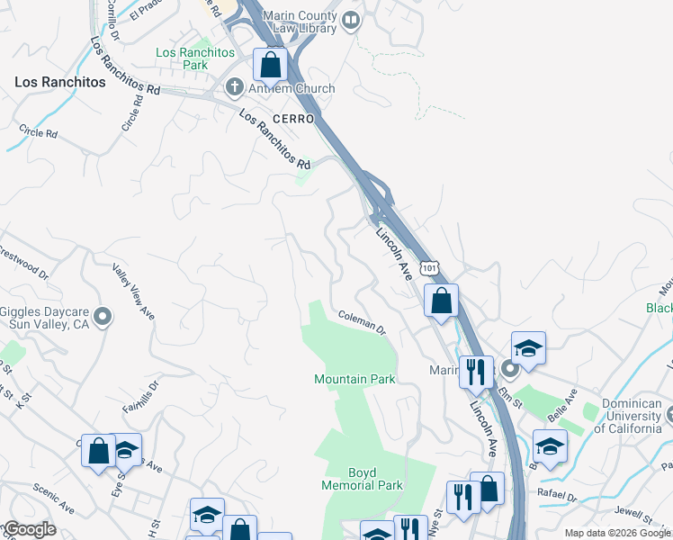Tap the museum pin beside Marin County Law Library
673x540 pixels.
click(x=351, y=20)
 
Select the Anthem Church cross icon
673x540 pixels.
click(x=233, y=88)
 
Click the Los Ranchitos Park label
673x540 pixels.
click(x=194, y=58)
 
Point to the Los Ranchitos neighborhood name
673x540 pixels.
click(x=60, y=82)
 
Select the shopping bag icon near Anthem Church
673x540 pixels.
click(x=270, y=65)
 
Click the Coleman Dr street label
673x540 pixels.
click(x=362, y=322)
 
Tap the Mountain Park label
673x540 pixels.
click(x=354, y=379)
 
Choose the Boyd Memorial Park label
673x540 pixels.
click(x=362, y=479)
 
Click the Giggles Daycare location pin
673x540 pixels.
click(x=103, y=316)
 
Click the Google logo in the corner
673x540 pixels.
click(x=30, y=529)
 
